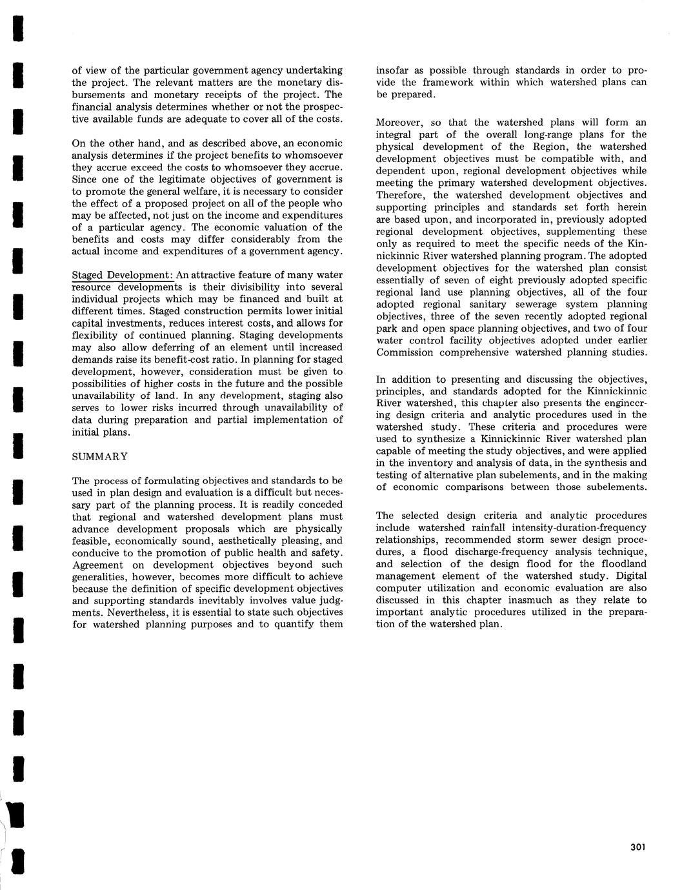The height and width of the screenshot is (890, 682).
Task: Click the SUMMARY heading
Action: pos(99,456)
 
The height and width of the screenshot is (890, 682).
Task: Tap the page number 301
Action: pos(637,847)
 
